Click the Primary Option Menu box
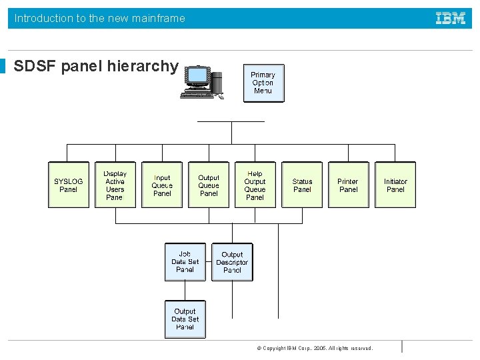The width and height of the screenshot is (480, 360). click(263, 83)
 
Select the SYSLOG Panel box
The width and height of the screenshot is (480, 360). click(69, 185)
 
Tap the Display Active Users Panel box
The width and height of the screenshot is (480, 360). click(115, 185)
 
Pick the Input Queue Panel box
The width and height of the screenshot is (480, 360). click(162, 185)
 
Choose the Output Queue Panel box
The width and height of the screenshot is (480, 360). click(209, 185)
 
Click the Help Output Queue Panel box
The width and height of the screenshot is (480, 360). click(255, 185)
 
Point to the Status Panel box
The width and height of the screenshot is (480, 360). click(302, 185)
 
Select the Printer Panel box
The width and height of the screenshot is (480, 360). click(348, 185)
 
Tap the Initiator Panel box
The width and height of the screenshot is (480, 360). click(395, 185)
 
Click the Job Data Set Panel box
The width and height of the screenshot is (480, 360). click(185, 262)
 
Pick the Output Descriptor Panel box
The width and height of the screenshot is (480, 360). click(232, 262)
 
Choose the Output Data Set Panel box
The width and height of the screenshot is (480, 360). click(185, 319)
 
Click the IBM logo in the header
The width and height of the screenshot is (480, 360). click(451, 18)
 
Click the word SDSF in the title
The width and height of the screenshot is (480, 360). click(35, 67)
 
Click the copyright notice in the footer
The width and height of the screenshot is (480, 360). click(315, 348)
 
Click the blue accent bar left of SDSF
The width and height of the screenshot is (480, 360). click(3, 67)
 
